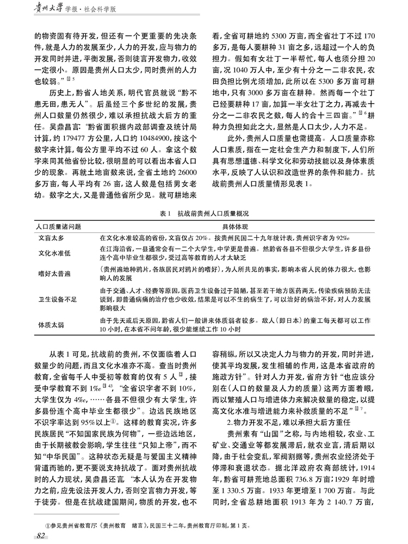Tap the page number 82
click(x=40, y=536)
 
